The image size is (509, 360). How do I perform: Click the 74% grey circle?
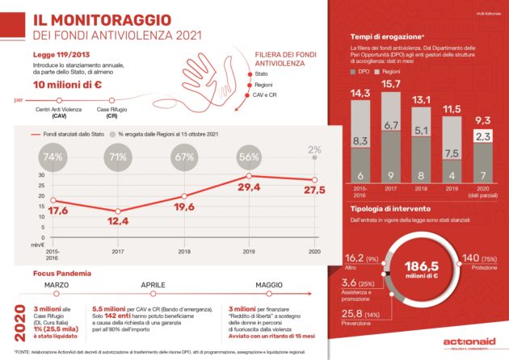pyautogui.click(x=53, y=157)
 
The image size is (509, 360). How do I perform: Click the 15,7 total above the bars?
pyautogui.click(x=390, y=83)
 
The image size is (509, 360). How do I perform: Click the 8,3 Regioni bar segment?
pyautogui.click(x=358, y=142)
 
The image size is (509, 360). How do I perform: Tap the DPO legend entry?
pyautogui.click(x=362, y=72)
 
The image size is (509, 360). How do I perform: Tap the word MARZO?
pyautogui.click(x=57, y=285)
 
